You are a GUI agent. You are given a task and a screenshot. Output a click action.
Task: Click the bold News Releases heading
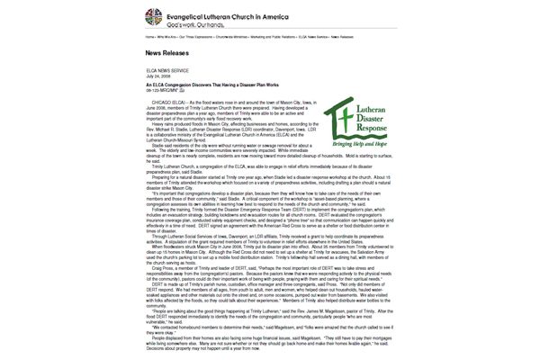click(171, 54)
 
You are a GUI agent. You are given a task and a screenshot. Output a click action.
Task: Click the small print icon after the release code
click(182, 91)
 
